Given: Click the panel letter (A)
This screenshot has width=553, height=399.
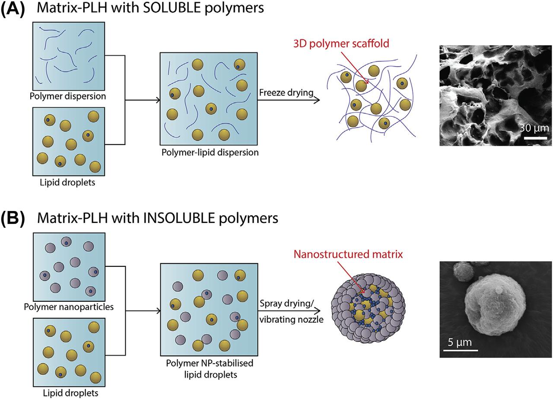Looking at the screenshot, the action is (x=14, y=10).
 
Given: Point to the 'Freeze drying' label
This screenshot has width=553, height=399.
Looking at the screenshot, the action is (x=286, y=93).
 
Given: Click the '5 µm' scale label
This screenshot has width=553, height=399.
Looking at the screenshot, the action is (x=457, y=344).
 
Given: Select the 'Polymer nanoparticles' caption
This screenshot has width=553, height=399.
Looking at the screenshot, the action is (x=70, y=307).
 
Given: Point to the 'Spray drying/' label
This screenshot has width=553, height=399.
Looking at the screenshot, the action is (x=286, y=303).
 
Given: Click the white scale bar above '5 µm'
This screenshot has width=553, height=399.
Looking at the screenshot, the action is (x=457, y=350).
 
